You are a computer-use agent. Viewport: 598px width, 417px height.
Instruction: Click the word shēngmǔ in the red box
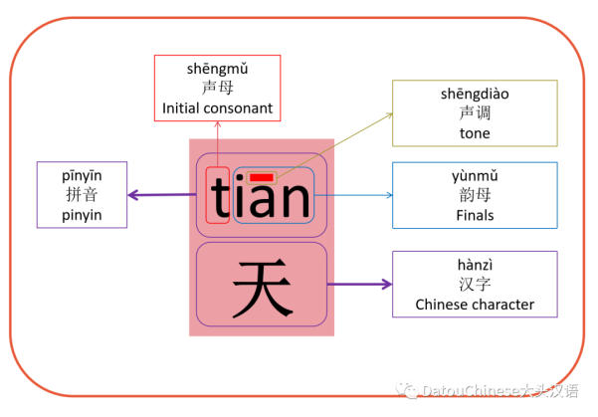(x=217, y=69)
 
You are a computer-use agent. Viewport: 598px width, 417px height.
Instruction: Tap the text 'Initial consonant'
(x=217, y=107)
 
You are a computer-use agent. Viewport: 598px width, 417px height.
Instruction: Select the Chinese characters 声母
(x=217, y=89)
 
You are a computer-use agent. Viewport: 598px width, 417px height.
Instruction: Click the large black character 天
(x=262, y=286)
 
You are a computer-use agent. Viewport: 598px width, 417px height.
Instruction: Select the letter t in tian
(x=218, y=196)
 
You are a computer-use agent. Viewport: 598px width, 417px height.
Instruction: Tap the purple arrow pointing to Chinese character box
(x=359, y=285)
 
